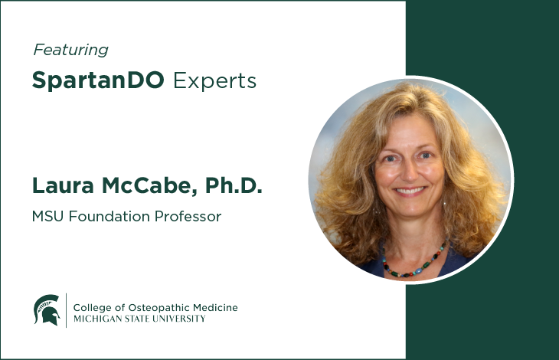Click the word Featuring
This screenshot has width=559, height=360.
tap(70, 50)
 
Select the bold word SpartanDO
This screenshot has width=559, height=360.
tap(98, 80)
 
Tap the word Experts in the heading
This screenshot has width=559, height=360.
tap(214, 81)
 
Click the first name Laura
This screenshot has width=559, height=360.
tap(63, 185)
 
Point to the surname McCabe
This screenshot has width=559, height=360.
tap(148, 185)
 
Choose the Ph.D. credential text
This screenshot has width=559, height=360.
tap(234, 185)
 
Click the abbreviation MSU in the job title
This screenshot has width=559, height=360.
tap(47, 216)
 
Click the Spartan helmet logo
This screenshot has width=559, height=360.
tap(47, 309)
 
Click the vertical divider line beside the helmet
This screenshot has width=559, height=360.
tap(67, 310)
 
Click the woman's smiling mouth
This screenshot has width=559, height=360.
tap(410, 191)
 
